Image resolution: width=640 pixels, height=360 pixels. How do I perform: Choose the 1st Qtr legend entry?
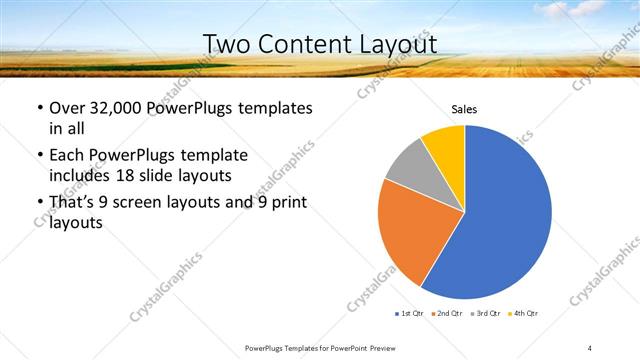tap(409, 314)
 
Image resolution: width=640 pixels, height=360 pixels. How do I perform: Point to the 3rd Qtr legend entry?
tap(486, 314)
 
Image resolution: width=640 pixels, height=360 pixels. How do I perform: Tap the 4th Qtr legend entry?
tap(524, 314)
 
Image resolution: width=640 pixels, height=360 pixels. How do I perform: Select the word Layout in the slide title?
tap(396, 44)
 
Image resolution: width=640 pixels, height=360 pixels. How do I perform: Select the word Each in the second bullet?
tap(67, 156)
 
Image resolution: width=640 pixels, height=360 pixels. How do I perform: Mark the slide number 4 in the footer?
tap(590, 348)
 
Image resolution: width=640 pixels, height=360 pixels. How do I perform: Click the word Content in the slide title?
tap(307, 44)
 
